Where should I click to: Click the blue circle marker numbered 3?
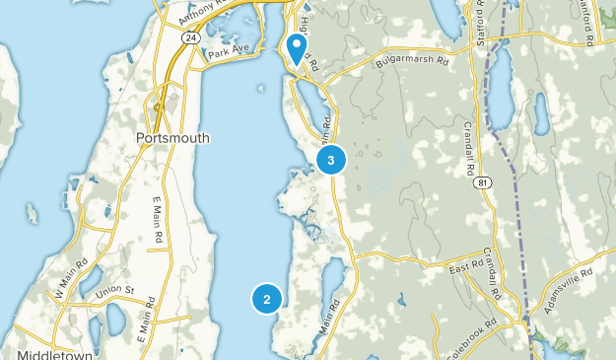click(x=331, y=159)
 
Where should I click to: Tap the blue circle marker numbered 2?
click(x=266, y=297)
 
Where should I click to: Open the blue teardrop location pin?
click(x=295, y=47)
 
